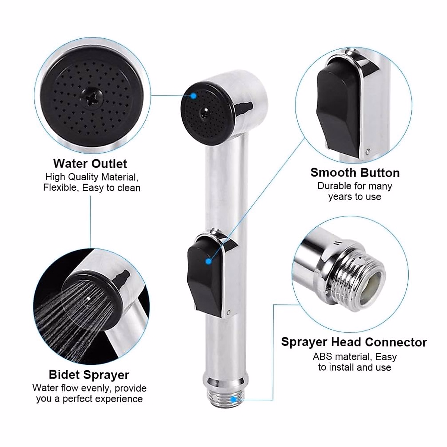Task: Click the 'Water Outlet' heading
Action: [x=90, y=164]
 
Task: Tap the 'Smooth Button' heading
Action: [x=355, y=173]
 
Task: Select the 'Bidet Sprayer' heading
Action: [x=89, y=375]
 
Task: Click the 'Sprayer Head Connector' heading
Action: [x=354, y=342]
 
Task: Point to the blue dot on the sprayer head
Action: [x=193, y=96]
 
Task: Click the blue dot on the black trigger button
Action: [x=209, y=261]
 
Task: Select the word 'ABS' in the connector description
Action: [x=323, y=356]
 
